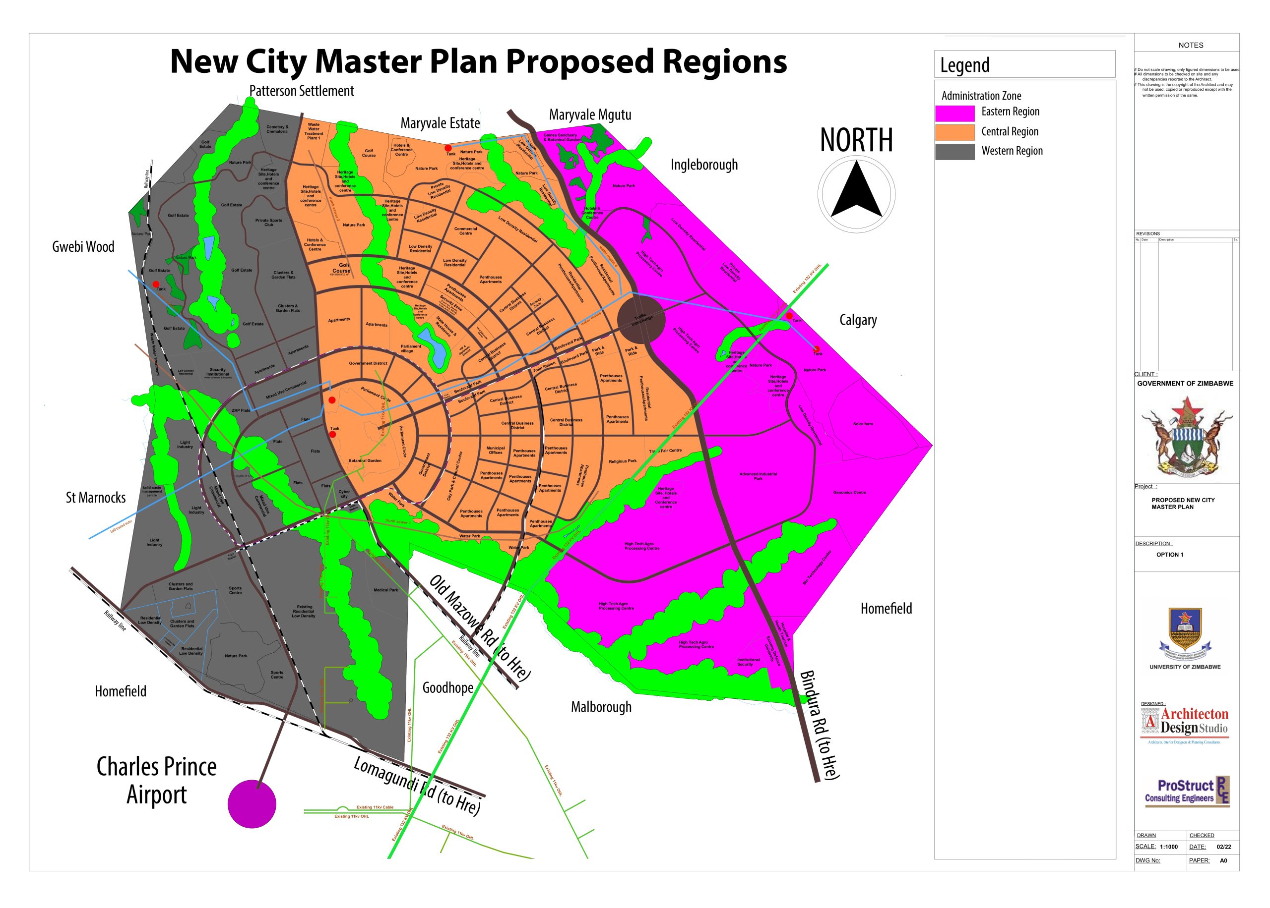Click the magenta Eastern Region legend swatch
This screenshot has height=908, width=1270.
[954, 113]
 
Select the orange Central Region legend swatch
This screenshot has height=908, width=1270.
[954, 132]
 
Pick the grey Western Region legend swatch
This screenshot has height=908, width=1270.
[954, 152]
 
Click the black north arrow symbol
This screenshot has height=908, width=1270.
[856, 190]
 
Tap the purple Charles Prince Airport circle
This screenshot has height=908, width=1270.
[252, 803]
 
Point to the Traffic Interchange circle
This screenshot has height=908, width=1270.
[641, 320]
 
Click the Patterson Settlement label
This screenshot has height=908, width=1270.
[302, 91]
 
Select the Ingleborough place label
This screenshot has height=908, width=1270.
[704, 165]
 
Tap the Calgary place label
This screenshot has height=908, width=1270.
[858, 320]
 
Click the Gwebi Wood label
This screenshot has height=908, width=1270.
[83, 246]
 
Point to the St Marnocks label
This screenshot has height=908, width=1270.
[96, 498]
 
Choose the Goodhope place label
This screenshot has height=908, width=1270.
[447, 688]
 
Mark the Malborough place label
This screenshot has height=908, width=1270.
[601, 707]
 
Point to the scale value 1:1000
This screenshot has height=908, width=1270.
[1169, 847]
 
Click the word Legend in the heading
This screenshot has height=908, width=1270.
[964, 65]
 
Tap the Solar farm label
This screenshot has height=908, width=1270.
[863, 424]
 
